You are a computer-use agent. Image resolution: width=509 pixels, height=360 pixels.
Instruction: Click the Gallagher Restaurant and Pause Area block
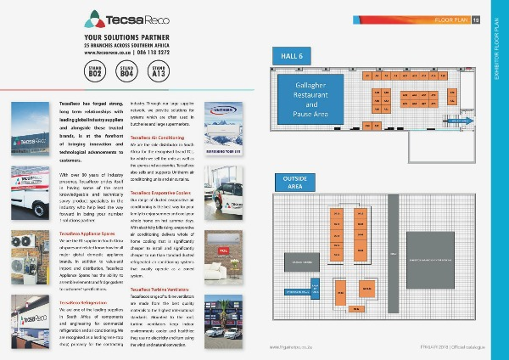[316, 99]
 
